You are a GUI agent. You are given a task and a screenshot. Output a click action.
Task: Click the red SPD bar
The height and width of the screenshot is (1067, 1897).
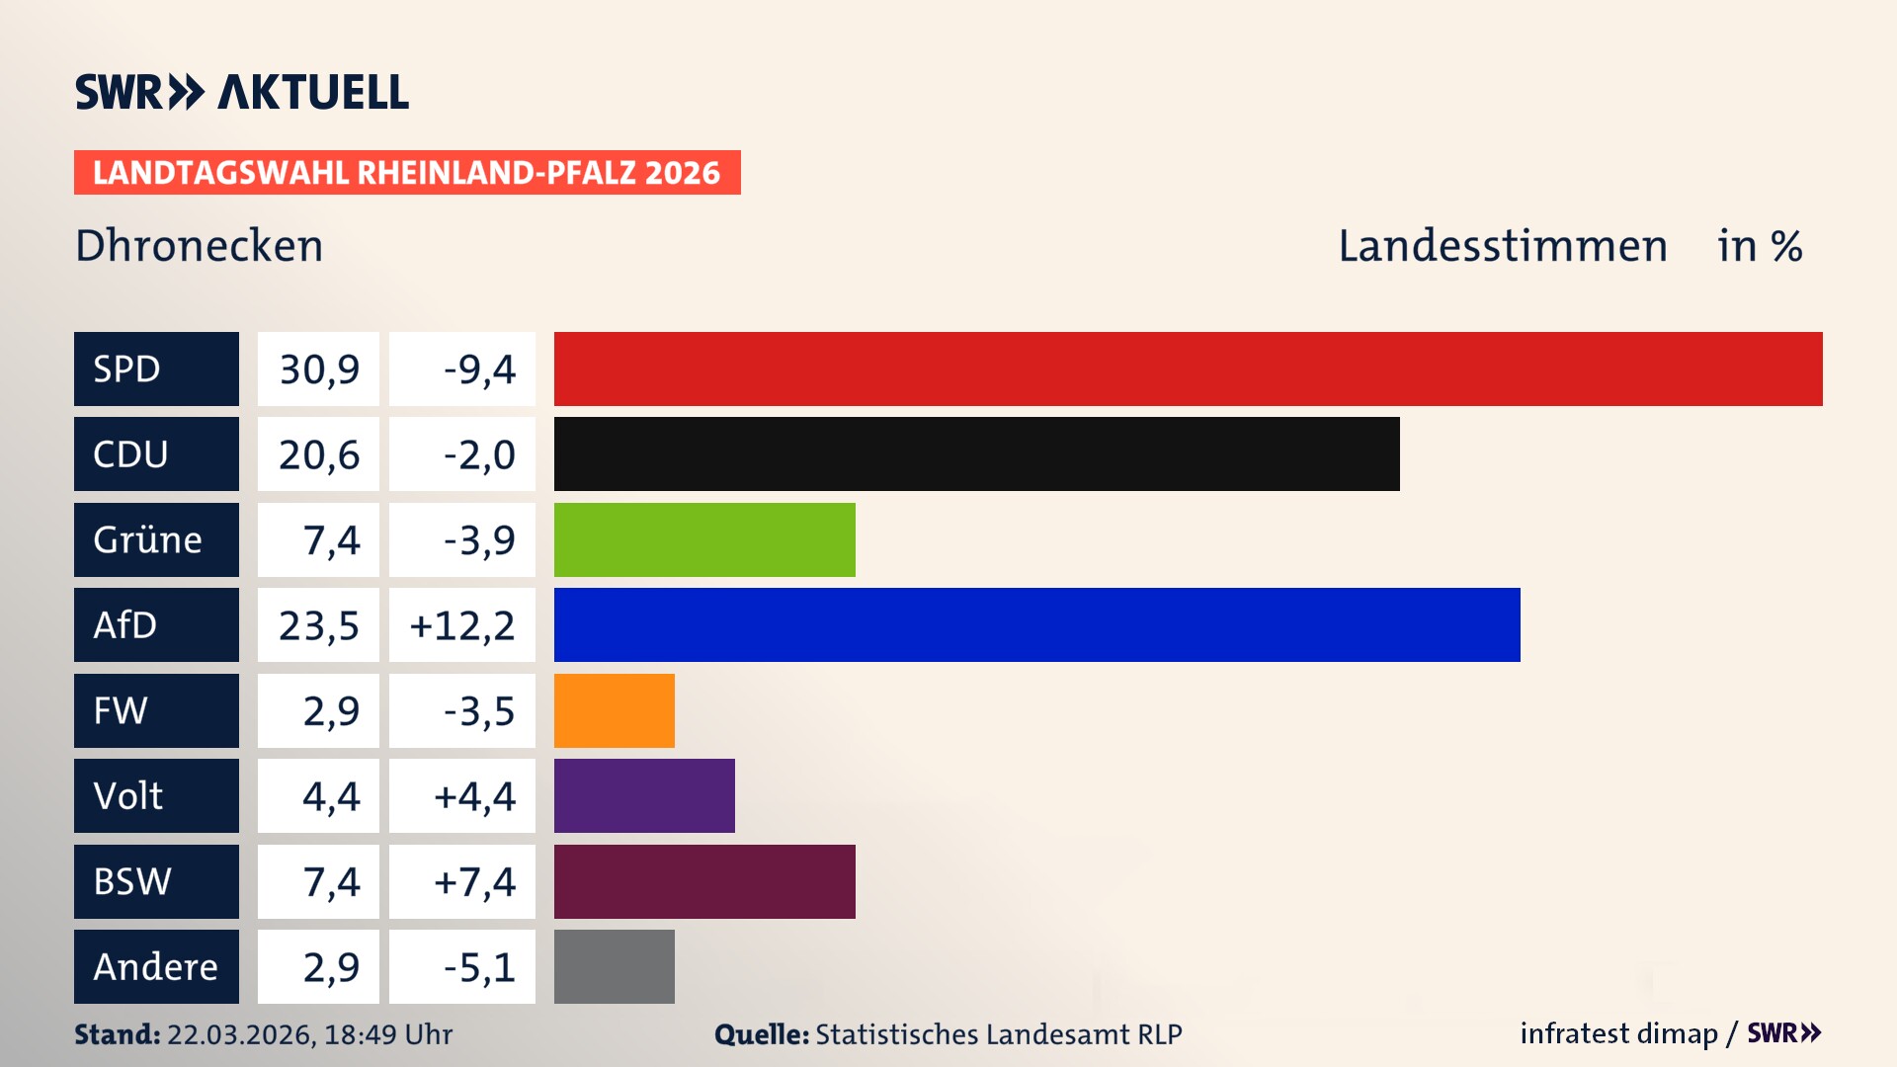[x=1188, y=369]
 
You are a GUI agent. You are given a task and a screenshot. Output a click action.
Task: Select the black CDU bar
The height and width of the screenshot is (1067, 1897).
[x=976, y=453]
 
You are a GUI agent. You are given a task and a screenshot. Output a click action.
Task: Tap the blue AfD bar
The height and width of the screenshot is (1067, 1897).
[x=1036, y=624]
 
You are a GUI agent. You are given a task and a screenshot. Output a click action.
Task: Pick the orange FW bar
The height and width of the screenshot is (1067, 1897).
[x=614, y=710]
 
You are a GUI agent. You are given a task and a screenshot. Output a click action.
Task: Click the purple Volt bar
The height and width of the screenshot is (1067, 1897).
[x=644, y=795]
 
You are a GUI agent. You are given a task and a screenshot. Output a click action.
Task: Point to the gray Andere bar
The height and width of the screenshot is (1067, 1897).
[x=614, y=966]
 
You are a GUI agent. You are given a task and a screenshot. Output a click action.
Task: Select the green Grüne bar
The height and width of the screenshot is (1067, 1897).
[x=704, y=539]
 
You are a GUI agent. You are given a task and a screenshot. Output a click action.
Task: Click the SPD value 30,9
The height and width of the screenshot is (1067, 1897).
[x=318, y=369]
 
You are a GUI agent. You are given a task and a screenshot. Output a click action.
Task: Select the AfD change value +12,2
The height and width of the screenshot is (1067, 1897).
[x=461, y=624]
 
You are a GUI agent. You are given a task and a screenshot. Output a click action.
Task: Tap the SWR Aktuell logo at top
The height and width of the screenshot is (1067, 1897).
[x=241, y=92]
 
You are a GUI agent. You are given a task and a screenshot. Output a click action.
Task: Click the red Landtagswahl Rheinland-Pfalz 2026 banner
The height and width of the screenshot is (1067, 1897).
[x=406, y=172]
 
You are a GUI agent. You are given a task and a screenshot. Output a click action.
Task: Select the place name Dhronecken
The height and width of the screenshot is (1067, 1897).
[x=199, y=245]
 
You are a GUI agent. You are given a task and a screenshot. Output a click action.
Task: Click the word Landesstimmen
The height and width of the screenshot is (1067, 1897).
[x=1502, y=245]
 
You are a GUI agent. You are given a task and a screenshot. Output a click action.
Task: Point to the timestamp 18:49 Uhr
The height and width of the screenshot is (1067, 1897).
[x=387, y=1034]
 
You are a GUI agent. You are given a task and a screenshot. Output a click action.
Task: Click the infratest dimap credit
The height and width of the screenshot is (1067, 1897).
[x=1617, y=1033]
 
